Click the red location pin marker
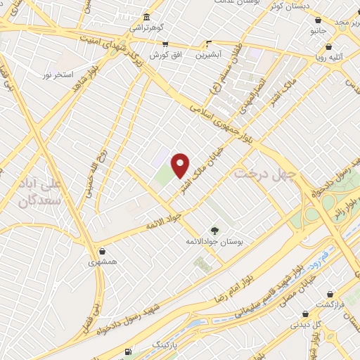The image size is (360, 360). point(181,165)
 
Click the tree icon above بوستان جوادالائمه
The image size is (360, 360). point(214,230)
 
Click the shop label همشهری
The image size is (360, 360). point(103,262)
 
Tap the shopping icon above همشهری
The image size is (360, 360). point(103,251)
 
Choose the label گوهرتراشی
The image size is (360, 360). point(145,29)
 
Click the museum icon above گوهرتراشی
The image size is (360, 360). point(146,18)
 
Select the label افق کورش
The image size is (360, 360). point(165,54)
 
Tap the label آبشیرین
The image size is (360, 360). point(209,54)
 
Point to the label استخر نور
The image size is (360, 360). point(58,75)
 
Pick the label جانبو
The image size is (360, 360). point(319,32)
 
